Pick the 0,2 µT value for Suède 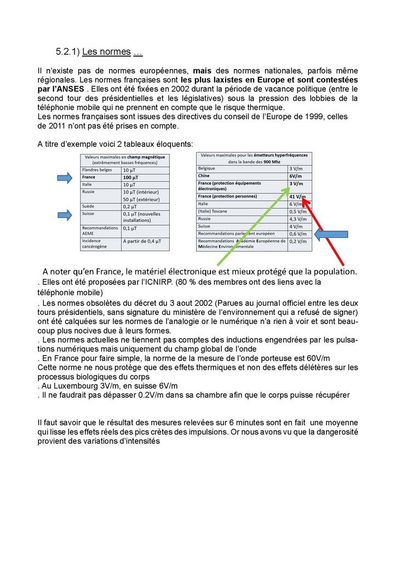(x=130, y=206)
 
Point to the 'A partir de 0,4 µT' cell (x=144, y=241)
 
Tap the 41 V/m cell (x=297, y=197)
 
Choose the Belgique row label (x=206, y=168)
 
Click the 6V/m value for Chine (x=296, y=175)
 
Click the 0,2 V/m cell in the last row (x=297, y=241)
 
